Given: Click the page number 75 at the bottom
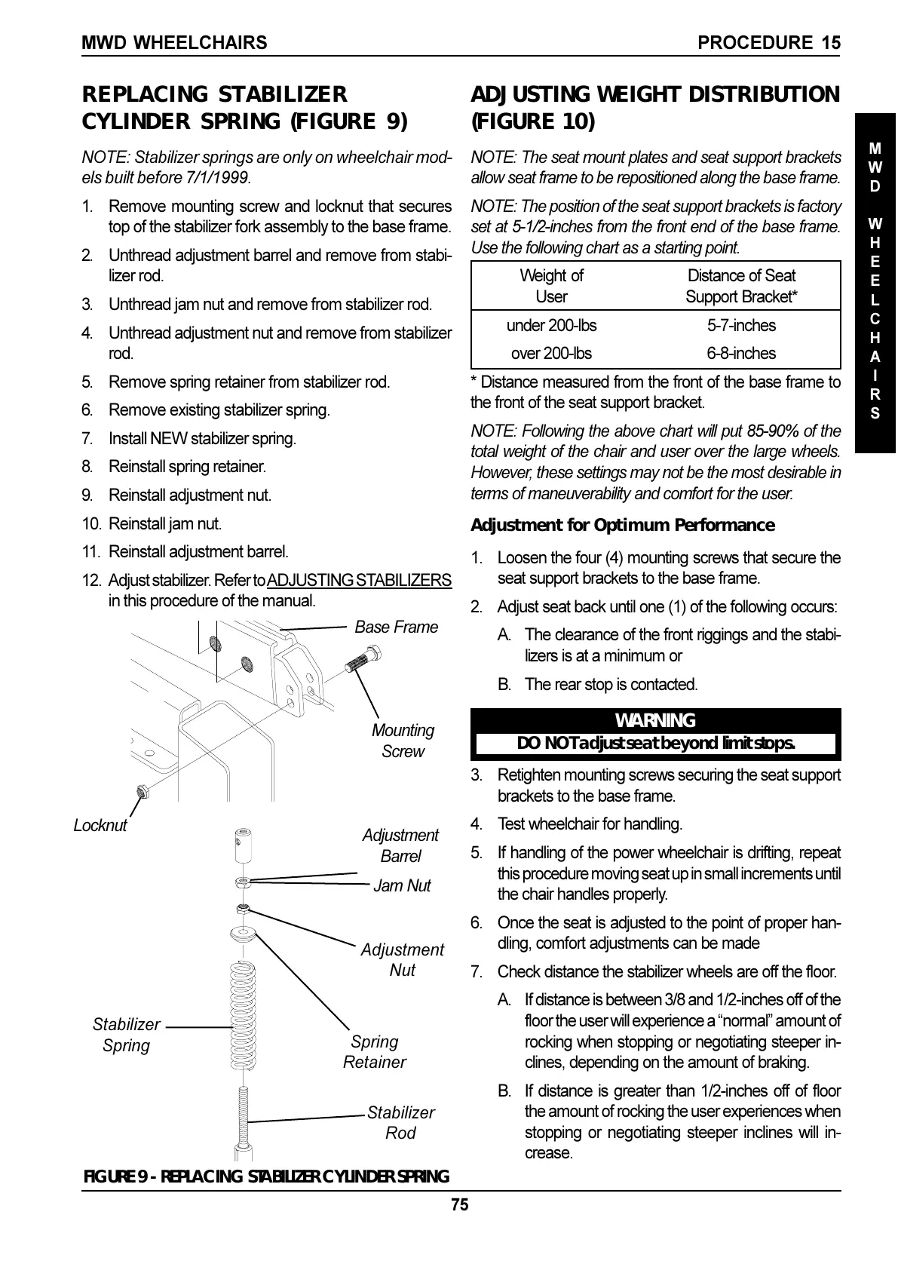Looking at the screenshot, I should coord(460,1204).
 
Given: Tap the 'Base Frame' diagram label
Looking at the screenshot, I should coord(396,627).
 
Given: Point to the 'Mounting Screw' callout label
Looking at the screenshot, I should coord(403,741).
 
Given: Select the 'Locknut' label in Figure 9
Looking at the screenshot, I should coord(100,825).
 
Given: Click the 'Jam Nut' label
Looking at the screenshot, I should coord(402,885).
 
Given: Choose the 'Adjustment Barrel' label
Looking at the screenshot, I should coord(400,845).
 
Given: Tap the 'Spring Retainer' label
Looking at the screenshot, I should coord(375,1052).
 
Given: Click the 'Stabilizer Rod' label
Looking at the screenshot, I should coord(400,1123).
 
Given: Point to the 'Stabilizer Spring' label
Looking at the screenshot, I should coord(126,1035).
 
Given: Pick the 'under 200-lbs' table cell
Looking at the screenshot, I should coord(551,326).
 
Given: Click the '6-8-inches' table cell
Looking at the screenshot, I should coord(741,353).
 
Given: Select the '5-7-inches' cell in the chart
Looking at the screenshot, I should coord(741,326).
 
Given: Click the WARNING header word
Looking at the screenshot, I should coord(655,720).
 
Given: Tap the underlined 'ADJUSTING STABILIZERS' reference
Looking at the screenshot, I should coord(359,581).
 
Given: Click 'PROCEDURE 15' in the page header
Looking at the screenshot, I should coord(769,43).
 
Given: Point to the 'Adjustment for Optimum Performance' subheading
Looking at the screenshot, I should coord(623,525).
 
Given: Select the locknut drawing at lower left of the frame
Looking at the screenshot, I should coord(141,791).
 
